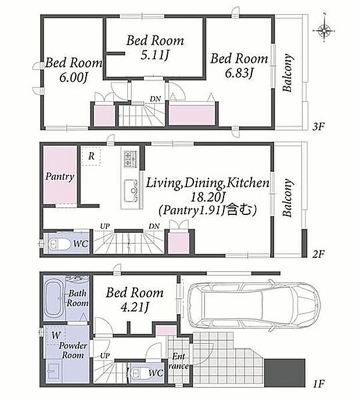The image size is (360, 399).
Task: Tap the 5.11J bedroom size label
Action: pos(155,55)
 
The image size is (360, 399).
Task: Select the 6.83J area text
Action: pos(239,73)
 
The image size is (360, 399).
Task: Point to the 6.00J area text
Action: pos(74,77)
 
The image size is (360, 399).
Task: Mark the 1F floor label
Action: pos(318,383)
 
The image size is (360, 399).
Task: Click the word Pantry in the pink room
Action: pos(60,177)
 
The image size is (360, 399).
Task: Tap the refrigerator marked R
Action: pos(91,156)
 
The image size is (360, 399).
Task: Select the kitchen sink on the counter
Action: pos(131,190)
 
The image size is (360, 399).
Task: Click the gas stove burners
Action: pos(131,159)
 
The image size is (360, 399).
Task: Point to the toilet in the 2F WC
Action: pos(59,245)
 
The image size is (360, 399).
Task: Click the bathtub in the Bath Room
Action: pos(53,299)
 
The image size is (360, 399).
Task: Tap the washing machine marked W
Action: pos(56,335)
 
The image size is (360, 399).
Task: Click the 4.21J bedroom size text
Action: pos(134,307)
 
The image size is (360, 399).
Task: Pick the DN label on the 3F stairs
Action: pos(155,99)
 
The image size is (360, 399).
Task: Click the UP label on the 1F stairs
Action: pos(105,355)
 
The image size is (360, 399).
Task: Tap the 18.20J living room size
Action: pos(208,196)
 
